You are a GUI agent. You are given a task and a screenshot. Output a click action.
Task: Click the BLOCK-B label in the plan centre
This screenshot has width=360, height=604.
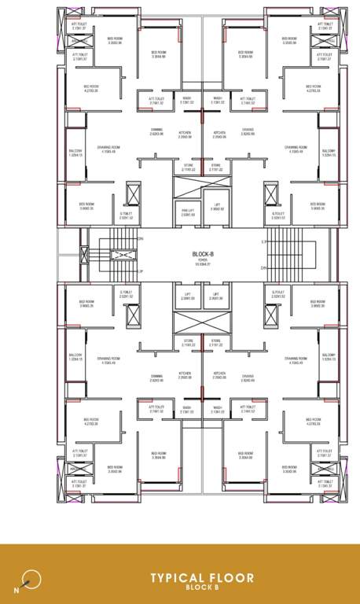204,254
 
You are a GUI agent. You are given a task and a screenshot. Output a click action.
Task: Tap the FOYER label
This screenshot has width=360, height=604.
204,260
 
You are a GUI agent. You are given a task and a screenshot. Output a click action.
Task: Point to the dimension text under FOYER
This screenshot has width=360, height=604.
204,264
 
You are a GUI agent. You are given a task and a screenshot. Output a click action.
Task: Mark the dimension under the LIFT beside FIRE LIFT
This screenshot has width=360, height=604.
217,209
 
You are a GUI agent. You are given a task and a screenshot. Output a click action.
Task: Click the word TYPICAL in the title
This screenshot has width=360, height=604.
178,578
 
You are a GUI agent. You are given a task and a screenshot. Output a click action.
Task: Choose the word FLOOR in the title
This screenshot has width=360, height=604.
232,578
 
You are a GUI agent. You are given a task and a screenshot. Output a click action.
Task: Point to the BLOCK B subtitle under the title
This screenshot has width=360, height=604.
204,587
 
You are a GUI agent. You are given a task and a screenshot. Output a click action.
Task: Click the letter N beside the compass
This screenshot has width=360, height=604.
17,588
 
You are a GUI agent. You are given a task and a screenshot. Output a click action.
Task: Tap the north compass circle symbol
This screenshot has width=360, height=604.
31,580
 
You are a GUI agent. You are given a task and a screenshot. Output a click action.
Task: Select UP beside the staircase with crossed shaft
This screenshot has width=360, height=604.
141,272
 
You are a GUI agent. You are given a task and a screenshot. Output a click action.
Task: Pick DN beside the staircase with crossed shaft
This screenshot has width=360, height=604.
141,238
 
